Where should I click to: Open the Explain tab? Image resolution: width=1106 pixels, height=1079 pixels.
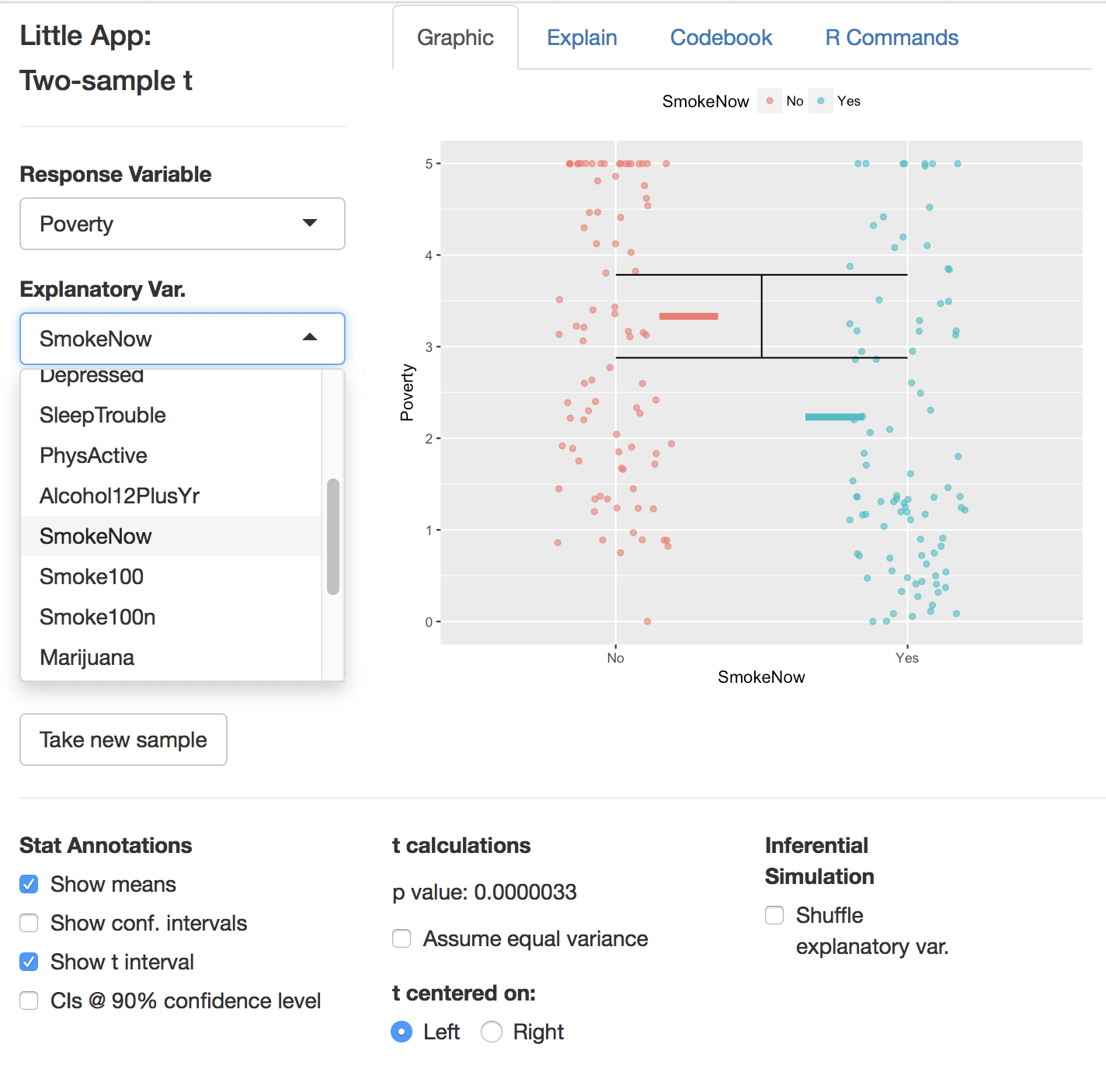582,38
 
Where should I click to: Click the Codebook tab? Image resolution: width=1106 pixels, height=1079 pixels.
721,38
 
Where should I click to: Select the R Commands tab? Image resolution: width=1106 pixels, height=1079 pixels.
892,38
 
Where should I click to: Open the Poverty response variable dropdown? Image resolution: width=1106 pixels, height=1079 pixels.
182,224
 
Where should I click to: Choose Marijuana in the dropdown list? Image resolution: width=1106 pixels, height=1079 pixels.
87,658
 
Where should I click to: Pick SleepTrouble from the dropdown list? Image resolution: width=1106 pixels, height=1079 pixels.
103,416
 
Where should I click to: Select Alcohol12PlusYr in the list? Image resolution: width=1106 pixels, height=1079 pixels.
120,496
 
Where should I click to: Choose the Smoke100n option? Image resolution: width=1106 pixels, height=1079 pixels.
98,618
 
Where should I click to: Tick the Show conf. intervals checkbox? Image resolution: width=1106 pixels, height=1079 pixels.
29,923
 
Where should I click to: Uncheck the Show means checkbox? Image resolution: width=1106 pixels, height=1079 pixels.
29,884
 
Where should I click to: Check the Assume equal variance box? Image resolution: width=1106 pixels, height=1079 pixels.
402,938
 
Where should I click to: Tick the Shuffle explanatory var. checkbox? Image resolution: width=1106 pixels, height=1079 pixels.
774,915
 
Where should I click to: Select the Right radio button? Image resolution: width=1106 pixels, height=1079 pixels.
492,1032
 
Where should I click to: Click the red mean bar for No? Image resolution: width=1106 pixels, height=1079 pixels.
688,316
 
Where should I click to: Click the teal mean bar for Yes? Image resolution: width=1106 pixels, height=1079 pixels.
834,417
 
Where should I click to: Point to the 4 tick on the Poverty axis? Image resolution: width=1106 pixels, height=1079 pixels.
429,256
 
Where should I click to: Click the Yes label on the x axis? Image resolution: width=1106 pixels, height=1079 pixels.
906,659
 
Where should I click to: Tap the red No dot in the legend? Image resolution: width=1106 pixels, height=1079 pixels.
770,101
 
